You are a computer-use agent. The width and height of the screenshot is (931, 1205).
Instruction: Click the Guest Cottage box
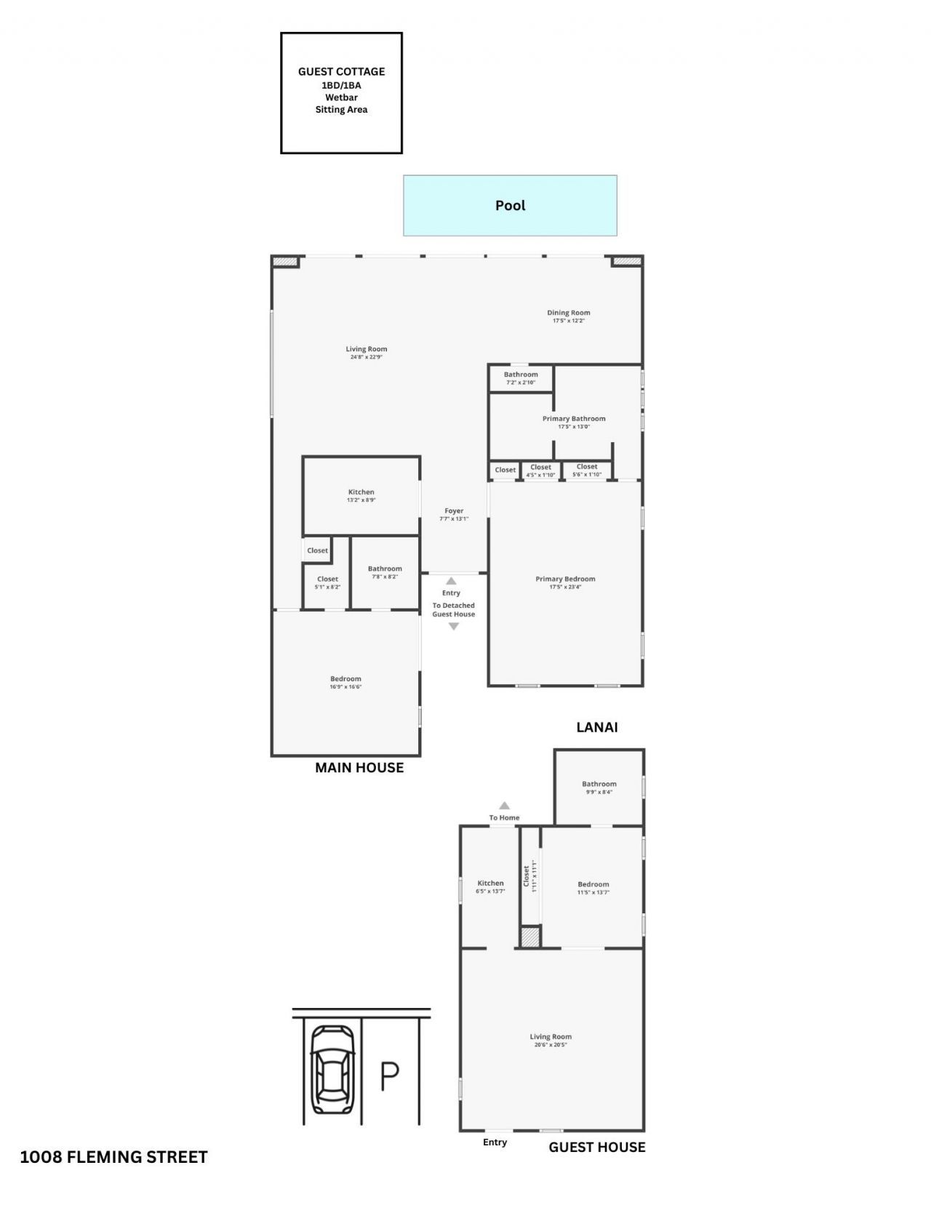click(x=341, y=92)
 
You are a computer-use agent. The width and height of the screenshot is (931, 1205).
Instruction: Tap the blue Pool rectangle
click(x=510, y=205)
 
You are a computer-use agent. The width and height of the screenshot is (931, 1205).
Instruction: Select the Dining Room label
click(x=569, y=316)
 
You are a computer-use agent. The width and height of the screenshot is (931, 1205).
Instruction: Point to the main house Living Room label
click(x=366, y=352)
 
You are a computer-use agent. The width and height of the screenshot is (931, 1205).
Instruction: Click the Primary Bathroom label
click(x=574, y=422)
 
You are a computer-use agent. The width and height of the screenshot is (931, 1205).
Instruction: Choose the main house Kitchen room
click(x=361, y=495)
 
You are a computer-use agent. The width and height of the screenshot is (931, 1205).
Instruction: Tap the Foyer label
click(x=454, y=514)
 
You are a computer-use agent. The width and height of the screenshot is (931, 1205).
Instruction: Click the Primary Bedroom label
click(x=565, y=582)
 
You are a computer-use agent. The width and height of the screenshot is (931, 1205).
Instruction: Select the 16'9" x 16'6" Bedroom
click(x=345, y=682)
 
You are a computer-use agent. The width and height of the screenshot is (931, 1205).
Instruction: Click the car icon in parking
click(x=332, y=1069)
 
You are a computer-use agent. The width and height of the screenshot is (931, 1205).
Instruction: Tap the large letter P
click(x=390, y=1076)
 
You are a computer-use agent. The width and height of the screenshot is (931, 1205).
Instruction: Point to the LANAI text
click(x=596, y=726)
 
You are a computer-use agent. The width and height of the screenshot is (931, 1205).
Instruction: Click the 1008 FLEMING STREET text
click(x=113, y=1157)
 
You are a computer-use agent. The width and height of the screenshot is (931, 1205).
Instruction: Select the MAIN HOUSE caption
click(x=359, y=767)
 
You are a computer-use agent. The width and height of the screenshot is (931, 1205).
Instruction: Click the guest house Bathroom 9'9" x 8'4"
click(x=599, y=787)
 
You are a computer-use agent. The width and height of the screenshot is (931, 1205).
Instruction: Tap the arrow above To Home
click(x=504, y=806)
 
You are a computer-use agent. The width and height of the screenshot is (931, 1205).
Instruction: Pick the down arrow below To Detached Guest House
click(x=454, y=626)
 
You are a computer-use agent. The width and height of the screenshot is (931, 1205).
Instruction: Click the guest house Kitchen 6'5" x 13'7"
click(x=490, y=886)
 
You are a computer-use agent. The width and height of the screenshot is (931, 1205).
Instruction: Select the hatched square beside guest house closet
click(x=530, y=937)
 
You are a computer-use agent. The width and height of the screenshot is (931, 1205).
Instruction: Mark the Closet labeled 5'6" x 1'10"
click(x=587, y=470)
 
